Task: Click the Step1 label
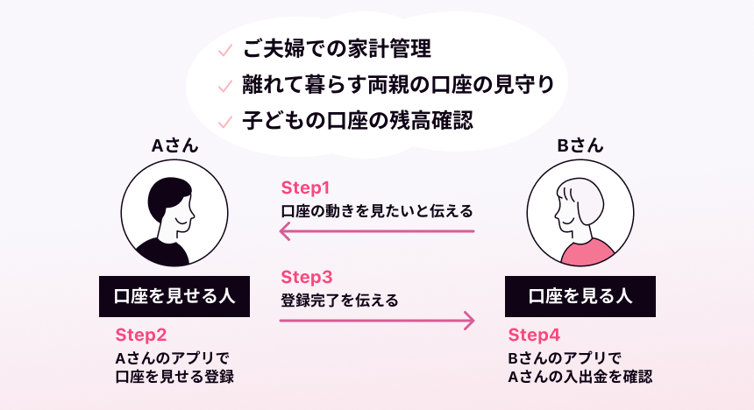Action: [305, 188]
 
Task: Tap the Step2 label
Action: [141, 335]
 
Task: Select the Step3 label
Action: [307, 278]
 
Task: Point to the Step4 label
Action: [534, 335]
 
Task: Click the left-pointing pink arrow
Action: [376, 231]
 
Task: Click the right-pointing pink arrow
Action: [377, 320]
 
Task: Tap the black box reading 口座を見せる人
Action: [174, 297]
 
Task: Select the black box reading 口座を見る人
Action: [580, 297]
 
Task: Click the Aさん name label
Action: [174, 145]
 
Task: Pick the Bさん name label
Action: [580, 145]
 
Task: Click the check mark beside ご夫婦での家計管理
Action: [225, 50]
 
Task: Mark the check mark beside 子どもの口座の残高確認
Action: [225, 122]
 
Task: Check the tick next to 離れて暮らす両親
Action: [225, 86]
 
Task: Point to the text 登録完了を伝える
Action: [340, 300]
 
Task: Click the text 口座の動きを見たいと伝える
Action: [377, 211]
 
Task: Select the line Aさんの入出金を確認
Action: [580, 377]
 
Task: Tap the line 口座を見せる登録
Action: [174, 377]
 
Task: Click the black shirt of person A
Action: [162, 253]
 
